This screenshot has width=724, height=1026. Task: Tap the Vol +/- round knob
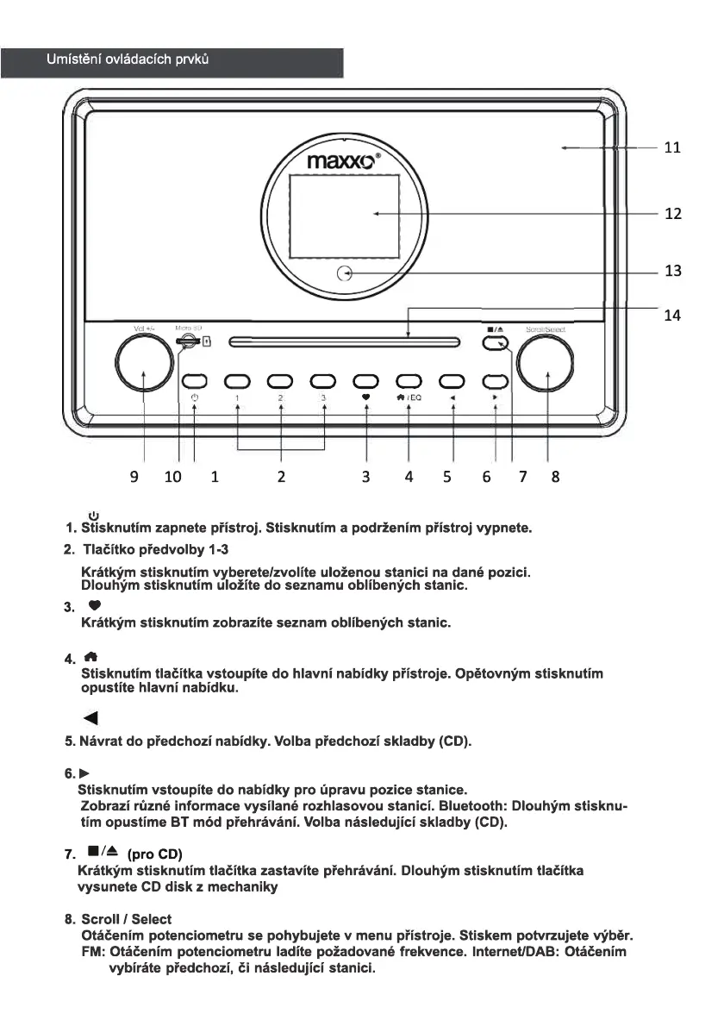[x=144, y=362]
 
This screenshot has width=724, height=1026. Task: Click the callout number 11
[x=672, y=148]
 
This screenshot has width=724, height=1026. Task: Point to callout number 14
[x=672, y=316]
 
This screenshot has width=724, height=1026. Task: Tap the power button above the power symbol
[x=195, y=380]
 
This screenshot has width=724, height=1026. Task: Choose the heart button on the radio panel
[x=366, y=380]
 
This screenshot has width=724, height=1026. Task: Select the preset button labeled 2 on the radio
[x=281, y=380]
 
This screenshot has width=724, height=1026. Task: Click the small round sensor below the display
[x=345, y=274]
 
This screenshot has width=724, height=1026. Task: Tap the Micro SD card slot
[x=185, y=342]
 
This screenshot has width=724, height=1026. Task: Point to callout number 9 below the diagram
[x=134, y=476]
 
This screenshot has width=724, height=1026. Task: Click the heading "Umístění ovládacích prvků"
[x=128, y=60]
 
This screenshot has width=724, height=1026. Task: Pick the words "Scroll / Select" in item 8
[x=126, y=920]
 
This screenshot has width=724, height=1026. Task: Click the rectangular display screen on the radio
[x=344, y=214]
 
